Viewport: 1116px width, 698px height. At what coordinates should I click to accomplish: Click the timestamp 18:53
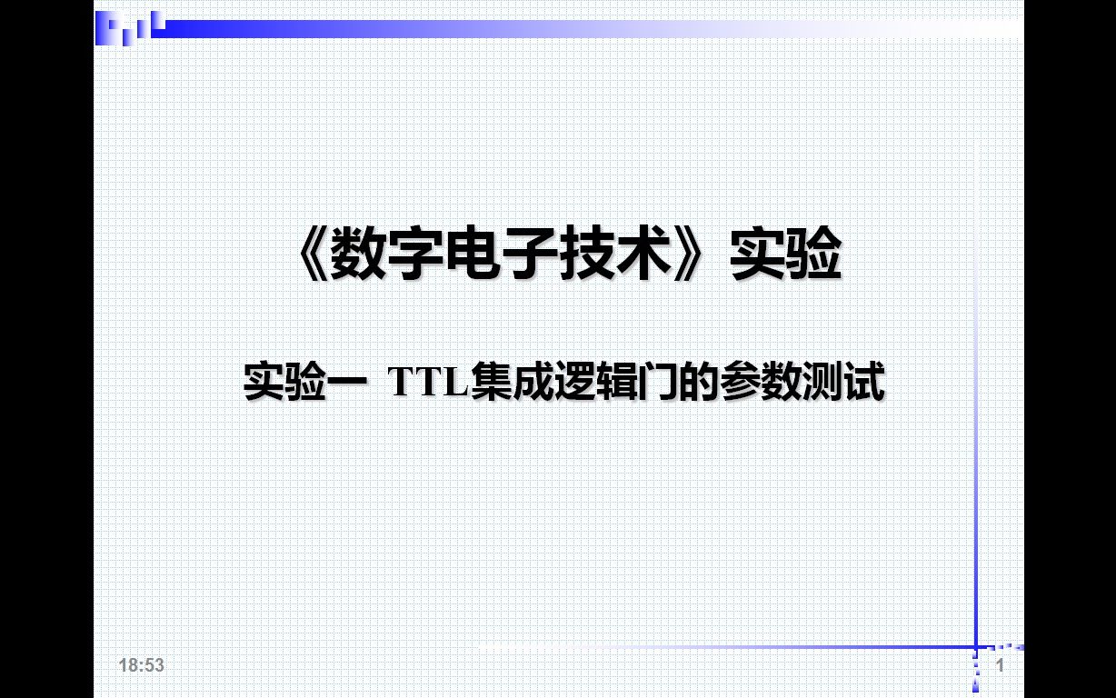141,665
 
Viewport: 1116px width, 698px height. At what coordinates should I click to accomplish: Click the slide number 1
1001,665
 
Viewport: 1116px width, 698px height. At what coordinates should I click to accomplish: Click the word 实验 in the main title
785,255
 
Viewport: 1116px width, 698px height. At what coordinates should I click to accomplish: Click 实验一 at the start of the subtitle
304,383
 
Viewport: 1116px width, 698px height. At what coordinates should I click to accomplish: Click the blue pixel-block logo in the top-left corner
130,28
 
